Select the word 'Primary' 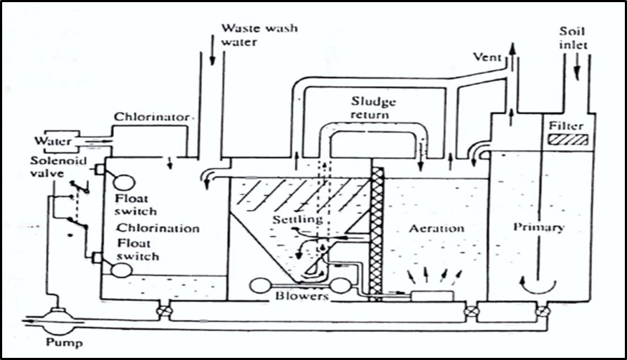(x=540, y=227)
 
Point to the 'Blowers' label (x=304, y=295)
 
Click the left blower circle (x=260, y=285)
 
